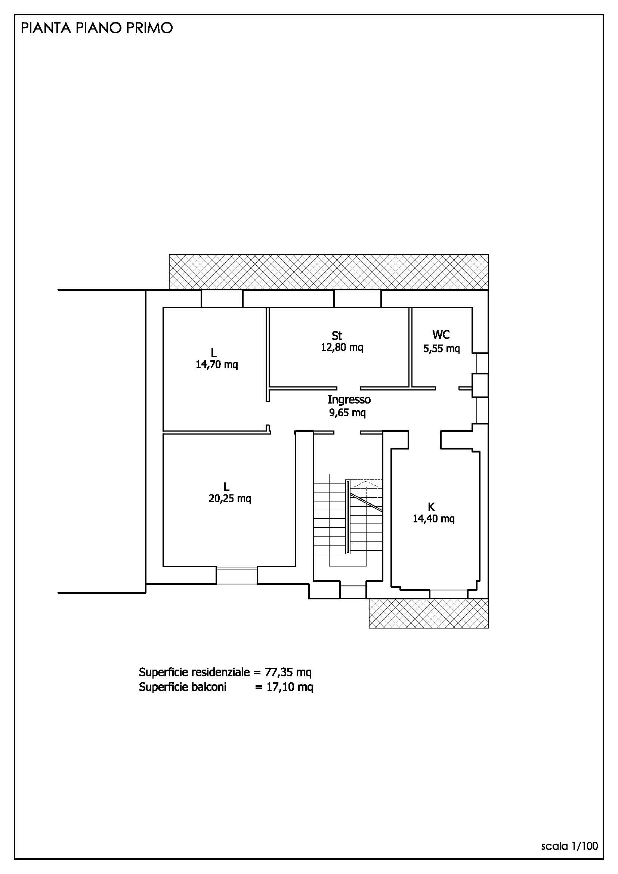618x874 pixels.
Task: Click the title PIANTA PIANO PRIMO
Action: tap(97, 28)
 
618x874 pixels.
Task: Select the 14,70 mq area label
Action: tap(217, 365)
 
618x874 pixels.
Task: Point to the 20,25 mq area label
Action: tap(230, 498)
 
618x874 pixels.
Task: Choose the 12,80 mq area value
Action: tap(342, 347)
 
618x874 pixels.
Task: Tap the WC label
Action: tap(441, 334)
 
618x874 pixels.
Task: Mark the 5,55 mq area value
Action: tap(442, 348)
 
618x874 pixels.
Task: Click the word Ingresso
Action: tap(349, 400)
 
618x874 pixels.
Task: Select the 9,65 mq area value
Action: tap(347, 413)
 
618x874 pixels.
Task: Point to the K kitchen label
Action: tap(432, 507)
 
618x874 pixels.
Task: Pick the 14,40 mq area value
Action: tap(434, 519)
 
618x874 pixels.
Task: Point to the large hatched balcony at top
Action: tap(329, 272)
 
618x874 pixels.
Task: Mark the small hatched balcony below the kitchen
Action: tap(429, 614)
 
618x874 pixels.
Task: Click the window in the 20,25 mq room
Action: tap(237, 575)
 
